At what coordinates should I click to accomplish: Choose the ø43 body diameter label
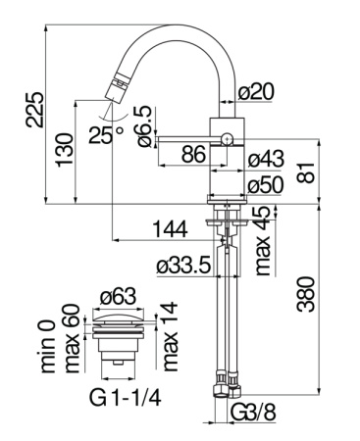(x=267, y=160)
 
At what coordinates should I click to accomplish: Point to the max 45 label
(x=262, y=242)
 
